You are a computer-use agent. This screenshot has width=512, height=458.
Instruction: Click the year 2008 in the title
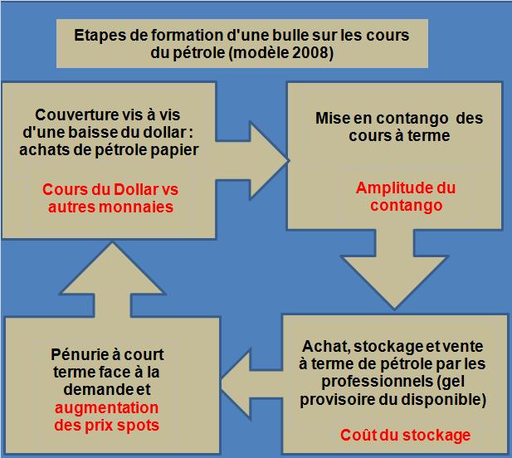[316, 56]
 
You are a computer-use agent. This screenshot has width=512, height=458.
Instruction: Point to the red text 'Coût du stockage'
[405, 435]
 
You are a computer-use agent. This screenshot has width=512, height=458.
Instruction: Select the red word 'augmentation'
[105, 409]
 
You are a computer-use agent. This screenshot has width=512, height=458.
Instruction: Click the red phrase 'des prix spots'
[105, 426]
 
